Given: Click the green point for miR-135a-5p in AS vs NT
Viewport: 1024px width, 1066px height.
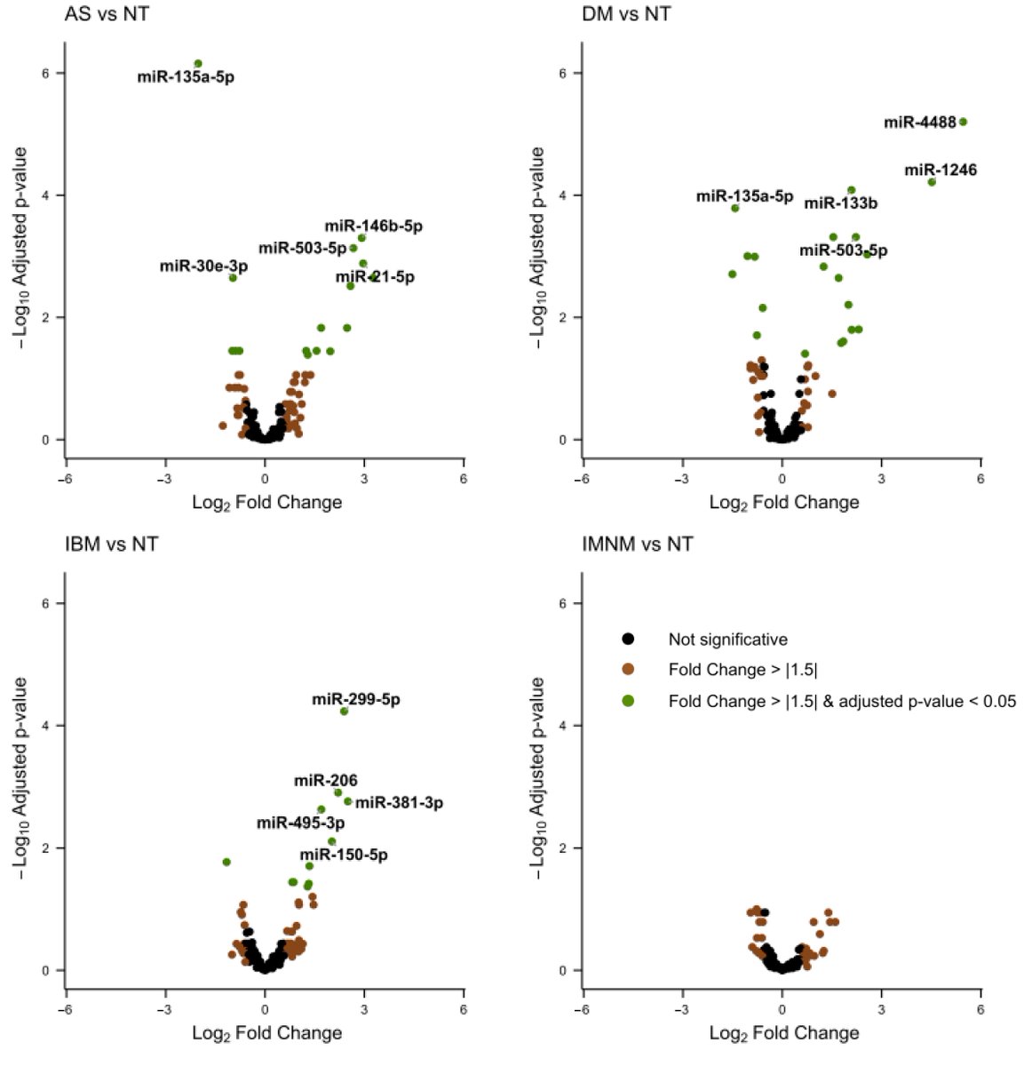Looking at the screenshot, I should coord(198,64).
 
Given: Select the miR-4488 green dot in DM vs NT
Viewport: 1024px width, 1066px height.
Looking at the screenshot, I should coord(963,122).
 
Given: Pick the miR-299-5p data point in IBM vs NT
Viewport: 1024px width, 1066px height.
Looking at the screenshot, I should coord(344,712).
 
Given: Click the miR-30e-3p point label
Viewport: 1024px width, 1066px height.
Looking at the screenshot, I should coord(203,266).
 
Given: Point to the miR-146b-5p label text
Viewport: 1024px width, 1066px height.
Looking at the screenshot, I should coord(373,227).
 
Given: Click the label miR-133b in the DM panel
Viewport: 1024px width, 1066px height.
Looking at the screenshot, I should coord(840,203).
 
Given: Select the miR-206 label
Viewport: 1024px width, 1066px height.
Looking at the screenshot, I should coord(325,781).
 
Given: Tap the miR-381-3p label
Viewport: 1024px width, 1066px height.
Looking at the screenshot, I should coord(399,803).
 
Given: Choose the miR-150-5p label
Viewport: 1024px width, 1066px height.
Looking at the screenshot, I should coord(343,855).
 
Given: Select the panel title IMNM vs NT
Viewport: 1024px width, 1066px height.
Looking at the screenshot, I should coord(637,545).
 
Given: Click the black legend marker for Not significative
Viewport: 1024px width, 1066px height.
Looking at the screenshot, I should coord(628,639).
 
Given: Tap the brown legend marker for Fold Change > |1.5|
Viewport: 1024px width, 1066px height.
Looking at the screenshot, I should coord(628,670).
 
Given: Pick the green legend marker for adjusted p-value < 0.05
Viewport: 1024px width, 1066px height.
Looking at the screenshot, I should coord(628,701).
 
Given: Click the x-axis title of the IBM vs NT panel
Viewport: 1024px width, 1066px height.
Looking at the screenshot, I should coord(266,1033).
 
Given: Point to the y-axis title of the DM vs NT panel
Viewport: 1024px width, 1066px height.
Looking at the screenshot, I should coord(537,248).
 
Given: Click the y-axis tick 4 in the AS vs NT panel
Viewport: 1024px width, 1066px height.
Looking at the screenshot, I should coord(45,195).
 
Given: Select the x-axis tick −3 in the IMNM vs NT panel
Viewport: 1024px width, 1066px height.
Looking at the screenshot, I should coord(681,1010).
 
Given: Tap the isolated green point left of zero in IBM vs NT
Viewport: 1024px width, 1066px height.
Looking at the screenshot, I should coord(226,862).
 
